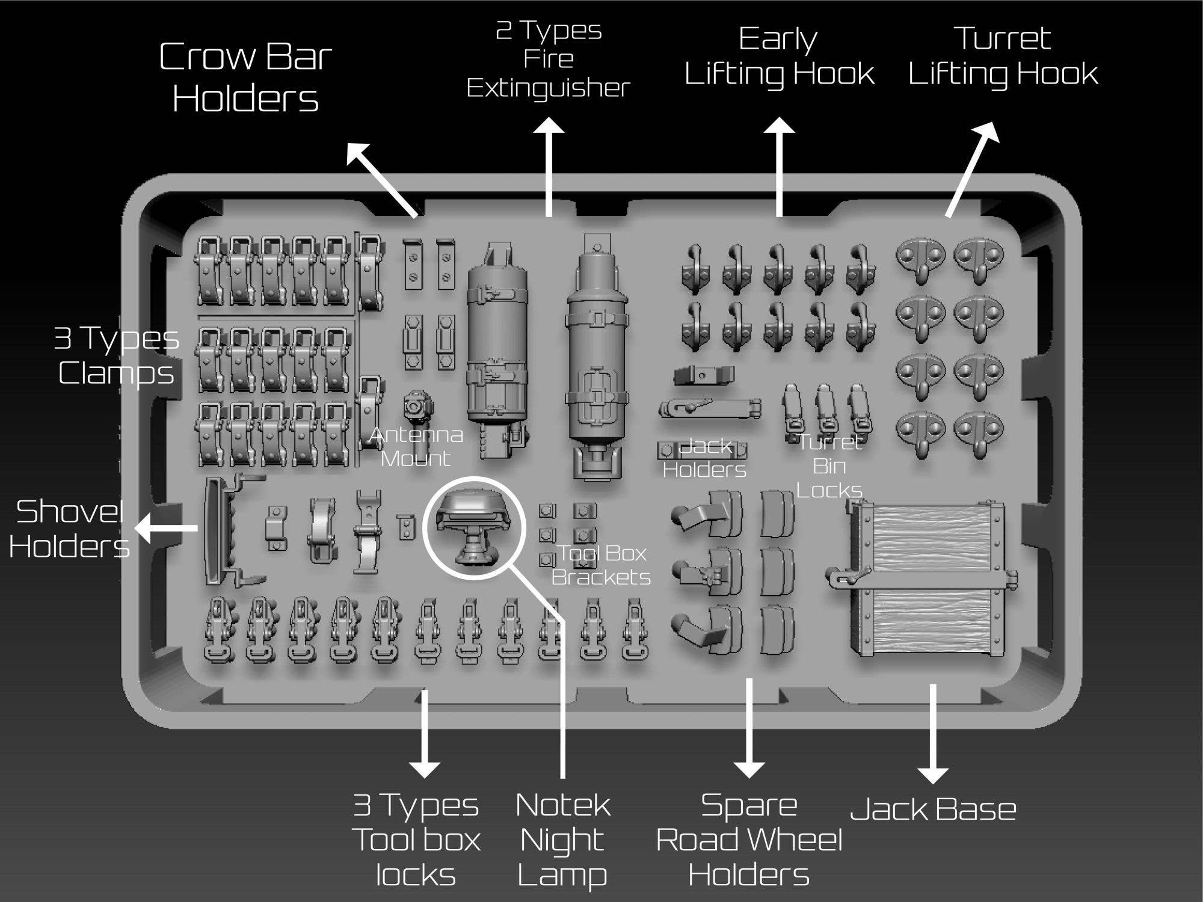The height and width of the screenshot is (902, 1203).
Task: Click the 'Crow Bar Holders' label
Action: point(245,77)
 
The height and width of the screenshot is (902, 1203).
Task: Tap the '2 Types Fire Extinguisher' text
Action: point(548,59)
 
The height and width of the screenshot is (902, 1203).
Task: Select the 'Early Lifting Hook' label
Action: point(779,57)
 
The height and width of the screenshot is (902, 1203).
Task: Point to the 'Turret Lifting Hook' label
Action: point(1003,57)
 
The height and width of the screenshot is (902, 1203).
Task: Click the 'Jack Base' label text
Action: point(933,809)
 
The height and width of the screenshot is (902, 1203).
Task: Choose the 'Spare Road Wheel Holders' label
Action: point(749,839)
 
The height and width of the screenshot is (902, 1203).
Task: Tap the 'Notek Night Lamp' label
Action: point(562,839)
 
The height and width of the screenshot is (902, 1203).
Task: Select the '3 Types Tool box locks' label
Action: point(416,839)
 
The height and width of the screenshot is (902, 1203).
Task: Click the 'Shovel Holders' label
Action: point(69,529)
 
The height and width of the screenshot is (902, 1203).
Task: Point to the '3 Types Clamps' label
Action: point(116,355)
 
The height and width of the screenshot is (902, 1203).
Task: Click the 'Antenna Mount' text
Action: point(416,446)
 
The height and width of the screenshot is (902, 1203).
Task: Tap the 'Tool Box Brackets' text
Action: point(601,565)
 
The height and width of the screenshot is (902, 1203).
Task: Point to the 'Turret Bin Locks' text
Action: point(829,466)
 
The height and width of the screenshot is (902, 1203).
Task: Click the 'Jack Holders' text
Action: point(704,458)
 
